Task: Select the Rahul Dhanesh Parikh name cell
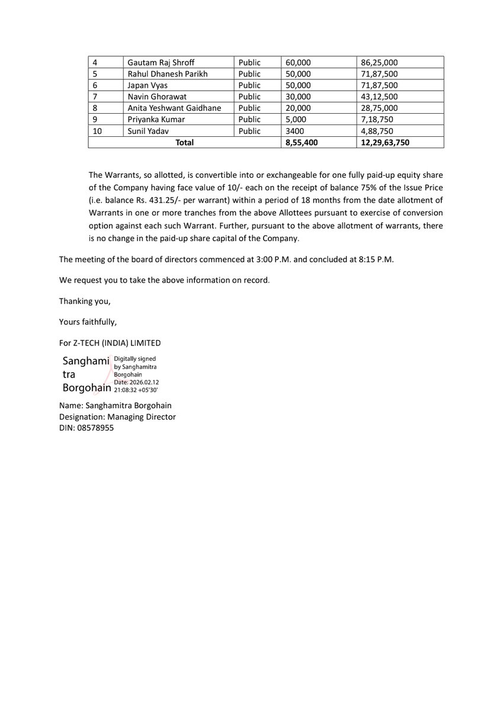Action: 168,74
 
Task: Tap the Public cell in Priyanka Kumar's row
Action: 249,120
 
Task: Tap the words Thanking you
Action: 85,301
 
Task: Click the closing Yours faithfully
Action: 88,322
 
